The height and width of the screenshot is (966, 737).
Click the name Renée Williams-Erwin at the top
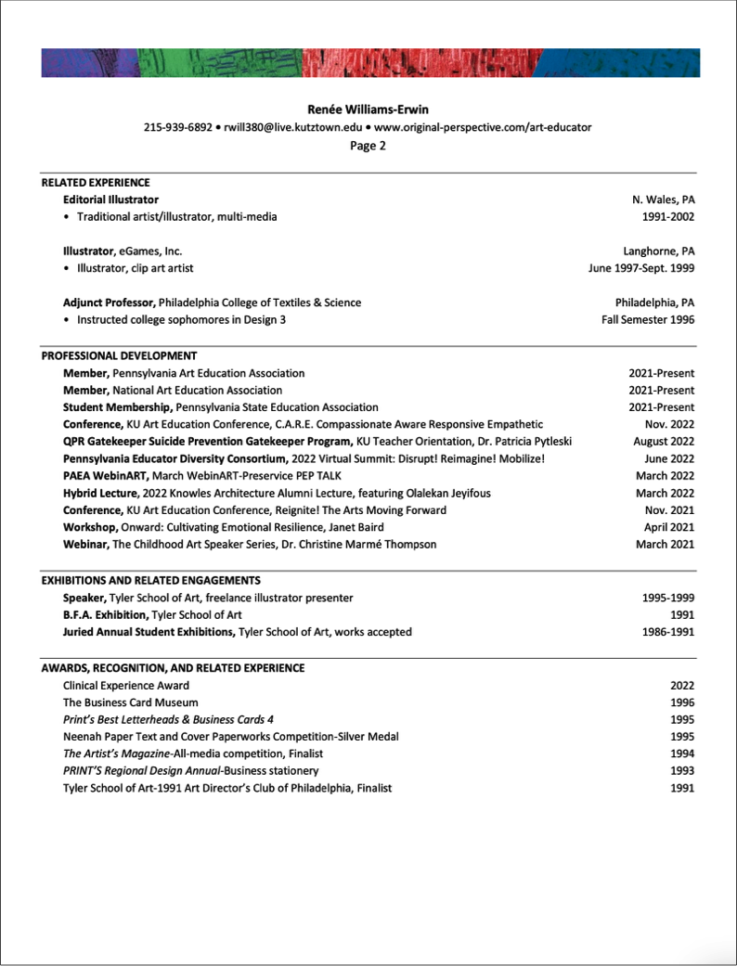(368, 109)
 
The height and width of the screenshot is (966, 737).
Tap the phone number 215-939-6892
(176, 127)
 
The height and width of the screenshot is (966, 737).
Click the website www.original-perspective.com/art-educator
(483, 127)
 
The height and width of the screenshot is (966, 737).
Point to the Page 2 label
(368, 145)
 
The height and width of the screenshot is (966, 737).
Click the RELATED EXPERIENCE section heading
(96, 183)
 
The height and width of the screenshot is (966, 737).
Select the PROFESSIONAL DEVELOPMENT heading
(119, 355)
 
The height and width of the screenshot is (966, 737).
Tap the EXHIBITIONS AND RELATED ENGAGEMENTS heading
(151, 581)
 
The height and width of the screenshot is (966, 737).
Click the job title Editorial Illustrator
(110, 200)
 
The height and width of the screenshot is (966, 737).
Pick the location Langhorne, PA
(659, 251)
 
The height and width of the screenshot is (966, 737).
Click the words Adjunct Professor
(109, 303)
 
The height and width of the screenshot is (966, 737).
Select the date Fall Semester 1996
(647, 320)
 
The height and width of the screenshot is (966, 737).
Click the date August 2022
(664, 442)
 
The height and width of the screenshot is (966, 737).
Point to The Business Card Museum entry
(130, 702)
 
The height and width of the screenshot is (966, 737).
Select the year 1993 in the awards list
(682, 771)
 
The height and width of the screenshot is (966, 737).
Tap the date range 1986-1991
(667, 632)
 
